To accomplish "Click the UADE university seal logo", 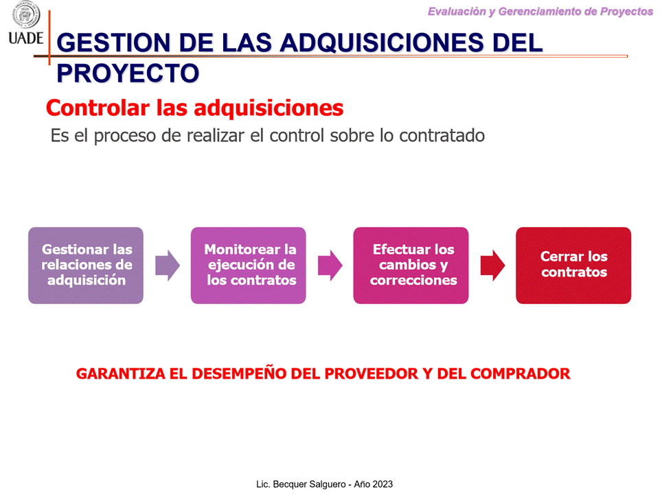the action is point(26,14).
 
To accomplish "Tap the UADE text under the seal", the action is point(26,38).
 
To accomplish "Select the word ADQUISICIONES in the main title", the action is point(382,43).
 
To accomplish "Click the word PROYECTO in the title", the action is point(128,73).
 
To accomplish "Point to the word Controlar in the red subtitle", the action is point(98,108).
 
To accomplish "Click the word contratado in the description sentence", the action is point(442,135).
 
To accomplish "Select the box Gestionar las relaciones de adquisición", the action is point(86,266).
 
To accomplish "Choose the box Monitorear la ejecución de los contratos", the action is point(249,266).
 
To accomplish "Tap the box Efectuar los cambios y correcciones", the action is point(411,266).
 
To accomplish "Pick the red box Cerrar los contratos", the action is point(573,266).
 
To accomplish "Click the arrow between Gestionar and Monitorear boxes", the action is point(168,266).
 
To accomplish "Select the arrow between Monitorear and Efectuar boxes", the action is point(330,266).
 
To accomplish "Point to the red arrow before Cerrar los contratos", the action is point(492,266).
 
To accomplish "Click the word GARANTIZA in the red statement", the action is point(121,374).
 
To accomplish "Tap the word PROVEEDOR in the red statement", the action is point(372,374).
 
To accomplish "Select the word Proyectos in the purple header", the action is point(626,12).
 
